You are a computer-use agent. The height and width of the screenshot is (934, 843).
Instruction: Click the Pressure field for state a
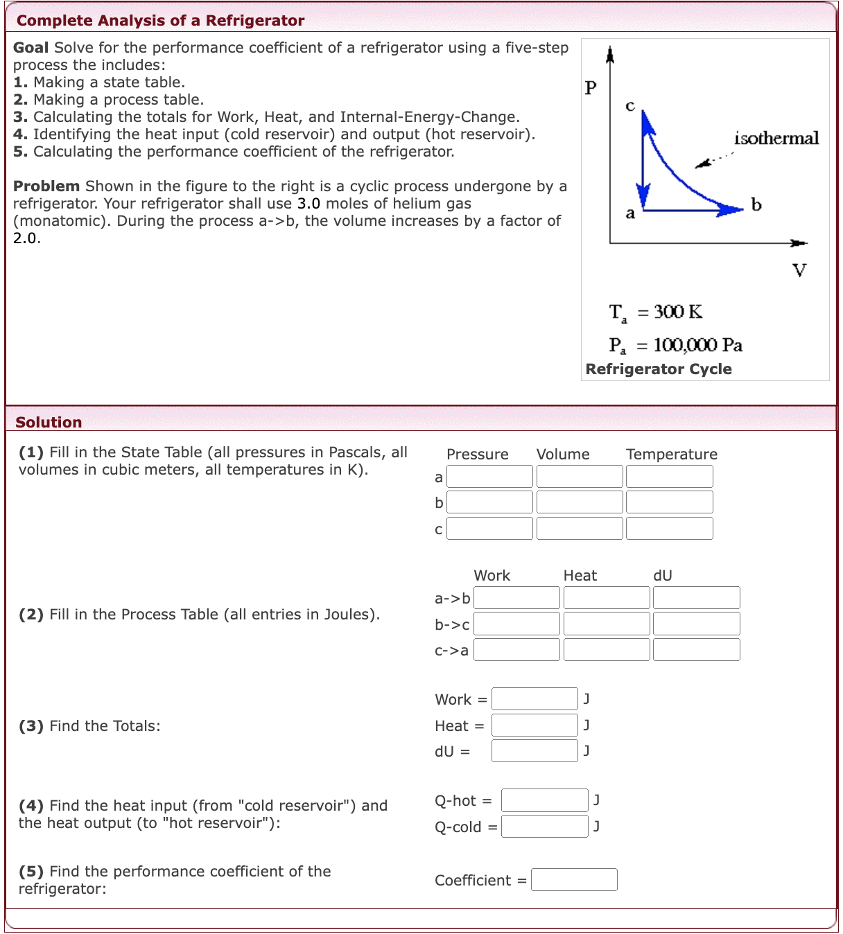[489, 477]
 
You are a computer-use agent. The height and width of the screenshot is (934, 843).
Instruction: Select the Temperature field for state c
[669, 529]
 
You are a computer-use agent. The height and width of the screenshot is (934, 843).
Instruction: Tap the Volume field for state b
[580, 502]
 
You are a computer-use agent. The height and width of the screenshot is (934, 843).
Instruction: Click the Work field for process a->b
[516, 598]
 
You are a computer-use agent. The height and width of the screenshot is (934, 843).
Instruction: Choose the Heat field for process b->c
[607, 624]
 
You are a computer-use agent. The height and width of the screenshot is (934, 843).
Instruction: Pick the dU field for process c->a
[696, 650]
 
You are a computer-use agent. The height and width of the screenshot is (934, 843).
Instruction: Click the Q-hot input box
[544, 800]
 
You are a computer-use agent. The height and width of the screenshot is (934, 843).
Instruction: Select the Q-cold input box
[544, 827]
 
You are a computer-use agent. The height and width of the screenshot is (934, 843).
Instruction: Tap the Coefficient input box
[574, 880]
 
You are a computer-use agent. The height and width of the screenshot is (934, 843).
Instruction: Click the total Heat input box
[535, 725]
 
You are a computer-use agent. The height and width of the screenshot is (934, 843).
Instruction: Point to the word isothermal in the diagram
[776, 139]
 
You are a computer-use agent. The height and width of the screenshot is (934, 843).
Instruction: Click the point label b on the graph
[756, 204]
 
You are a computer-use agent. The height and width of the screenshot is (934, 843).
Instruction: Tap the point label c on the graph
[629, 106]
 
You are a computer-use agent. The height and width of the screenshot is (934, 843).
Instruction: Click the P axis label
[591, 87]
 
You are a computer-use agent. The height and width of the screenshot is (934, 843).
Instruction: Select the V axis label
[799, 270]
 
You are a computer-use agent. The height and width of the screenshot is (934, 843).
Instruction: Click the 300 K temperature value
[678, 312]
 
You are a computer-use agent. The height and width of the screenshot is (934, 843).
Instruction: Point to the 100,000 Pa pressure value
[697, 345]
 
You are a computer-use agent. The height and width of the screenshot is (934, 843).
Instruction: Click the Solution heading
[49, 422]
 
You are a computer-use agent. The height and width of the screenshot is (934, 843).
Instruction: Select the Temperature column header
[671, 455]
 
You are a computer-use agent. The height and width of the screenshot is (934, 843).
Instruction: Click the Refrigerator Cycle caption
[659, 369]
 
